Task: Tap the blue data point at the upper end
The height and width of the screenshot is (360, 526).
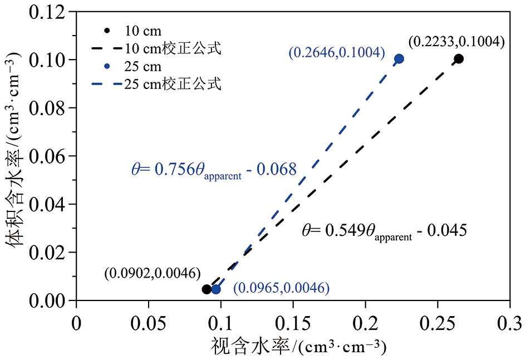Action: (x=399, y=58)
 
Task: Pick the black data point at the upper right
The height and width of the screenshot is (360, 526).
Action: (x=459, y=58)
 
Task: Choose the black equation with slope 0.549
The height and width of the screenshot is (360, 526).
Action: (x=384, y=230)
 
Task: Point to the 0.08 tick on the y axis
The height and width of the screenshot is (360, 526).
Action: (x=76, y=107)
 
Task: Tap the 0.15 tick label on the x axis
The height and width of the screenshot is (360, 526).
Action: (x=293, y=323)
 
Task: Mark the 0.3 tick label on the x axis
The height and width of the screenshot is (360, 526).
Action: (x=510, y=323)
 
